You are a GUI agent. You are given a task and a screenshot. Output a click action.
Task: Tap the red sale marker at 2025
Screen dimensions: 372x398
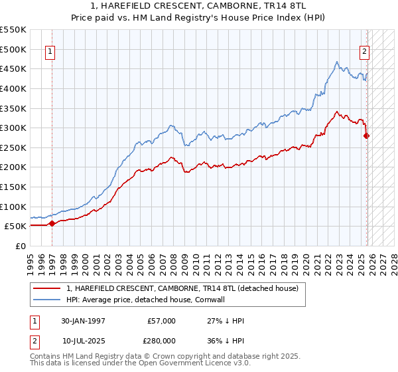tap(367, 136)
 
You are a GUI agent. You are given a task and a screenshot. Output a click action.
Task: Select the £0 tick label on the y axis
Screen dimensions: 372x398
tap(20, 246)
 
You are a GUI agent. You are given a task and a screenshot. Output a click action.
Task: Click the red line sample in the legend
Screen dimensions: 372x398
tap(47, 288)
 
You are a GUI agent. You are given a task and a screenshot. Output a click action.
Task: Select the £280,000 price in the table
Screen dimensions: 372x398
tap(161, 341)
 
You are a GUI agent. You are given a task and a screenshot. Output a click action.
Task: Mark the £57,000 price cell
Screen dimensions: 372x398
tap(161, 321)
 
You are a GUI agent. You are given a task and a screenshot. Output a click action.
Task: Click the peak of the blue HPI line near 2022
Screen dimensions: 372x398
tap(337, 62)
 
